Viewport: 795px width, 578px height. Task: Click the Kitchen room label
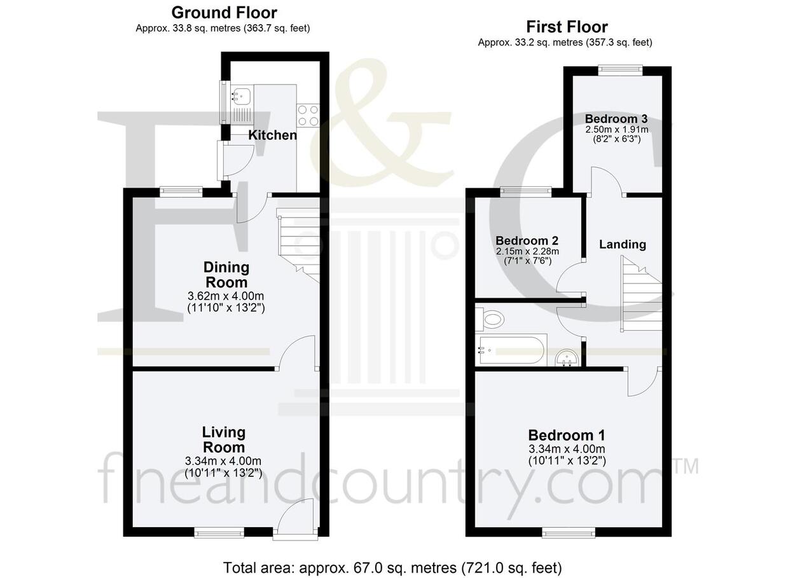(272, 135)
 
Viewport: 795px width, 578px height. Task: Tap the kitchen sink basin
(242, 95)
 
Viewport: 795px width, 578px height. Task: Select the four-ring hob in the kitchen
(308, 115)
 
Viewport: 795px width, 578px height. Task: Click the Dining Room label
(226, 275)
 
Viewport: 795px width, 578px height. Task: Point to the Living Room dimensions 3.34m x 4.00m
(223, 461)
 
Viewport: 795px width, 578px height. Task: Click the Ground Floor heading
(225, 13)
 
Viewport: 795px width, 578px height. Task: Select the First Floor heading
(567, 27)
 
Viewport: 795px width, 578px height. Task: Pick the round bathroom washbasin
(567, 358)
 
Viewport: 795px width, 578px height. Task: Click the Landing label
(623, 244)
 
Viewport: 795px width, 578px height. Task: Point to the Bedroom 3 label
(616, 118)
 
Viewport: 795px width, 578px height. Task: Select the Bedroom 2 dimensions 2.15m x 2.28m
(527, 252)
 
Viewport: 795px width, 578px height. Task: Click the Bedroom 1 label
(567, 435)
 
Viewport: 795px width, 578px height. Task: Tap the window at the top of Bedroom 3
(620, 70)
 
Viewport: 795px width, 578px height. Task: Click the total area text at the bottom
(392, 568)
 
